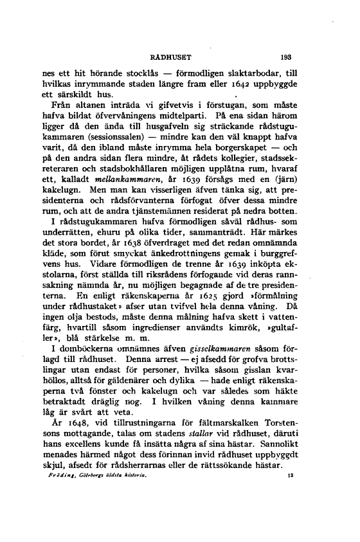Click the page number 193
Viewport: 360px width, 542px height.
coord(286,55)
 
